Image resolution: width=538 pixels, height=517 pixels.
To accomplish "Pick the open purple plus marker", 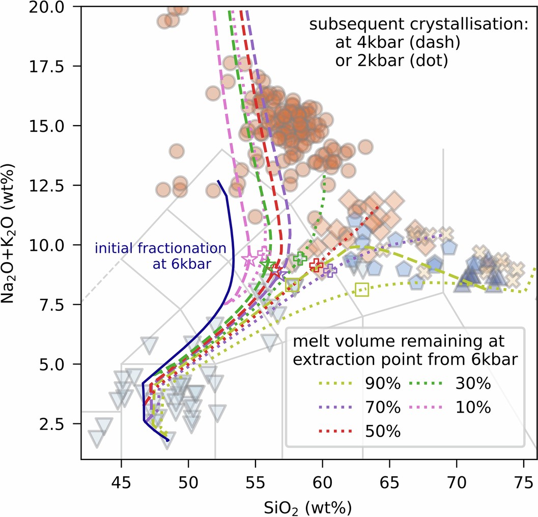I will [x=330, y=271].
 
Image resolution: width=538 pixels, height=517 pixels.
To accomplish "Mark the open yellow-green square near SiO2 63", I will [x=361, y=290].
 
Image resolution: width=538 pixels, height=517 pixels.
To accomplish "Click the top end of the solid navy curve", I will [x=218, y=181].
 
